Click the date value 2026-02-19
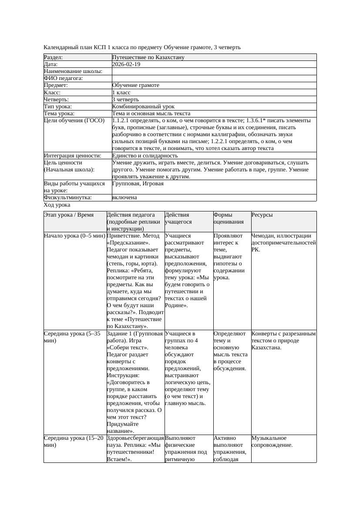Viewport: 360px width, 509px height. (126, 64)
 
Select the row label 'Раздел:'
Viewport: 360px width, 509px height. (54, 57)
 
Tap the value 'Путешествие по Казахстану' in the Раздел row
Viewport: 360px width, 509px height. (148, 57)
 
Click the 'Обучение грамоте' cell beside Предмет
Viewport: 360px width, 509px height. (136, 85)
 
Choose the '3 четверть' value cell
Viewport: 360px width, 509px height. (125, 99)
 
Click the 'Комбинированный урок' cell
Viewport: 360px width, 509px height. (143, 106)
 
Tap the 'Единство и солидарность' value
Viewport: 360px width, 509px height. (145, 155)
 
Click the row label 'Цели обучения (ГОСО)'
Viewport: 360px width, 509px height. (74, 120)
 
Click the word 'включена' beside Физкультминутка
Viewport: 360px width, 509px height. (124, 198)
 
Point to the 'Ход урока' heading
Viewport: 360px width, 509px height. (57, 205)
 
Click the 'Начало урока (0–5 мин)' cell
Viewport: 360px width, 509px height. (75, 236)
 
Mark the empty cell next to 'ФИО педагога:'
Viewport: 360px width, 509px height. (214, 78)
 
